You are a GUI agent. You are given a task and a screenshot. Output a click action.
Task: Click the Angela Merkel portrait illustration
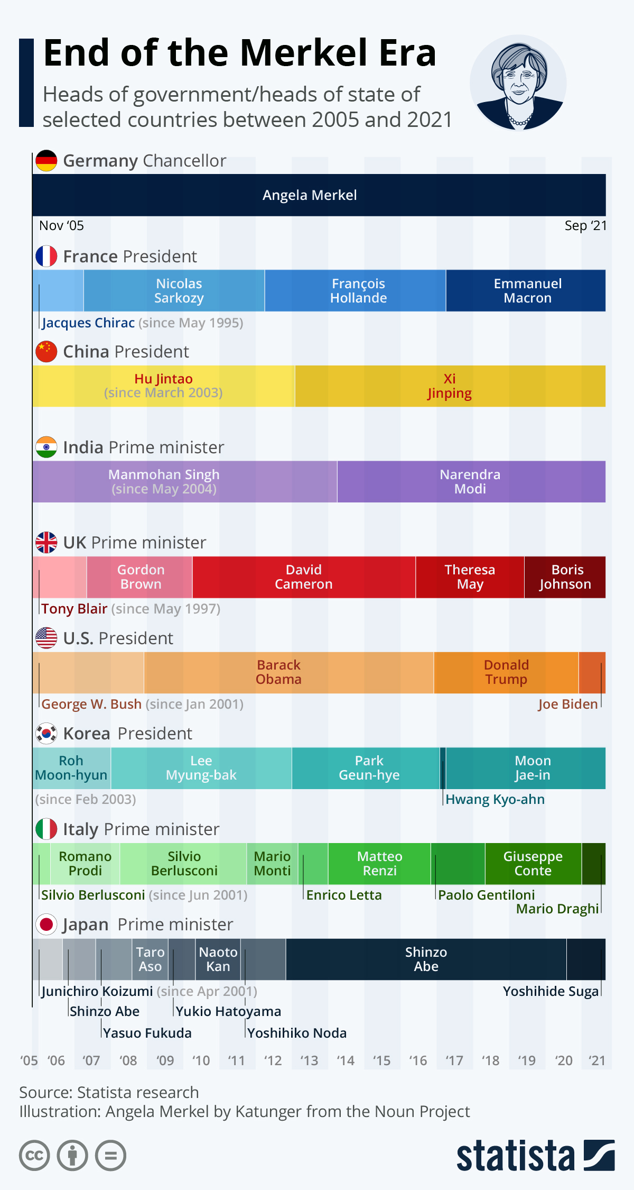(x=518, y=83)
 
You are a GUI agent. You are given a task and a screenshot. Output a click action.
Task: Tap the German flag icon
(x=46, y=161)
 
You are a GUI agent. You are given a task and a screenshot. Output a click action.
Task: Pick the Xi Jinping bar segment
(x=450, y=386)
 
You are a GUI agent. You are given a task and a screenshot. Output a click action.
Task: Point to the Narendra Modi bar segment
(x=470, y=482)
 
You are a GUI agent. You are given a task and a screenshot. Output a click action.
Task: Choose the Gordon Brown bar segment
(x=140, y=577)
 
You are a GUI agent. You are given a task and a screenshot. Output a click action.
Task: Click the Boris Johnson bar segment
(x=565, y=577)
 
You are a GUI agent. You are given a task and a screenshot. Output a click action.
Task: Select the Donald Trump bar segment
(x=506, y=672)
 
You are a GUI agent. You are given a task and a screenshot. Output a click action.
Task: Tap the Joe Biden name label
(x=568, y=704)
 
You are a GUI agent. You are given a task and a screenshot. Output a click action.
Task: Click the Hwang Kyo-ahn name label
(x=495, y=800)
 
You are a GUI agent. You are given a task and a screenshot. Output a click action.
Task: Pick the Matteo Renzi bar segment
(x=379, y=864)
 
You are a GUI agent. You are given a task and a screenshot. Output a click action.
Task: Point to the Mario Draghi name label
(x=557, y=909)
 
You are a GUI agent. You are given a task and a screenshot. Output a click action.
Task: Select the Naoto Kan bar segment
(x=218, y=959)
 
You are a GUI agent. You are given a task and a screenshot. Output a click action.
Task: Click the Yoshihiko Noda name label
(x=297, y=1033)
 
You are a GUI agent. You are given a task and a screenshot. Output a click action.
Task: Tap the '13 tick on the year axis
(x=309, y=1061)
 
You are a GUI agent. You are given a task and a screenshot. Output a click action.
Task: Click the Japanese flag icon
(x=46, y=924)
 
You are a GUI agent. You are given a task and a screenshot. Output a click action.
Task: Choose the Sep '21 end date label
(x=585, y=226)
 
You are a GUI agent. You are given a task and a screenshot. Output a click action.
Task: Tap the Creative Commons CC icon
(x=34, y=1155)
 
